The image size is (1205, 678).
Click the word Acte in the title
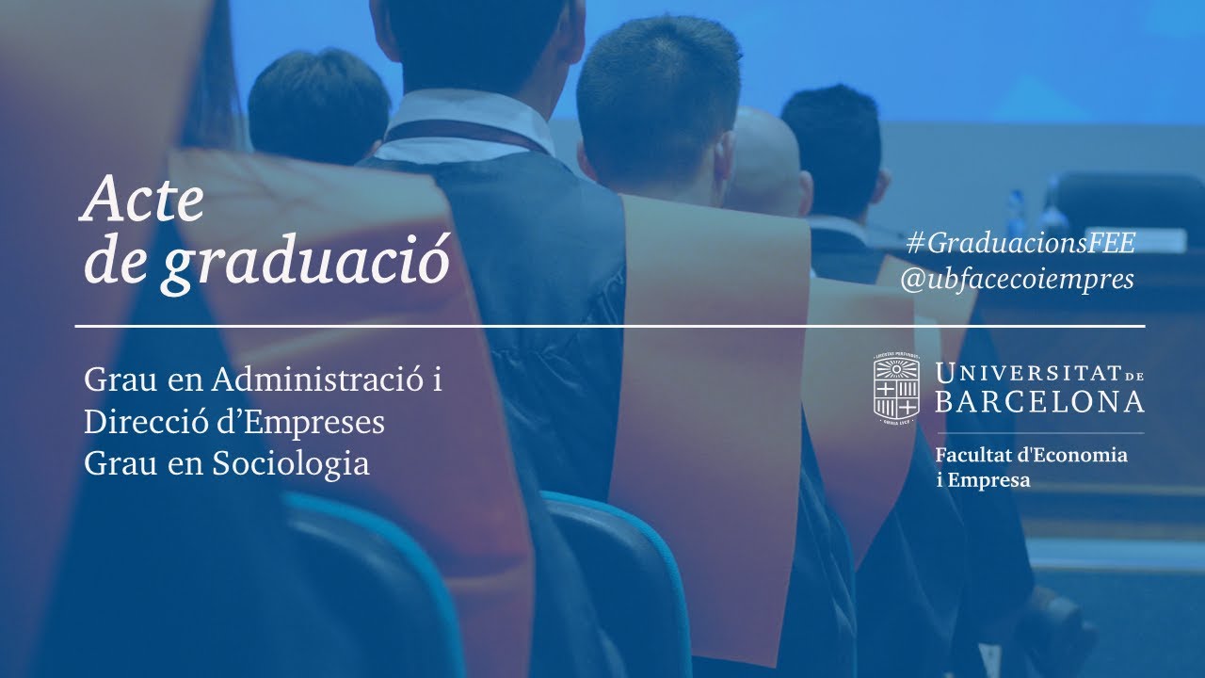click(143, 201)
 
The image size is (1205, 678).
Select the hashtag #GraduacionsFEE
click(1021, 243)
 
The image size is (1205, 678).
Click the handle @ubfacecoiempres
click(1017, 280)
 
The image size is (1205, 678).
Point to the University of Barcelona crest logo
click(896, 388)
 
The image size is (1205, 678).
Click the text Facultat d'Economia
click(1031, 456)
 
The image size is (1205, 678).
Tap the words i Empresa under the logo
click(983, 480)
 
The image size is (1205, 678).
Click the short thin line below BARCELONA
click(1039, 433)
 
